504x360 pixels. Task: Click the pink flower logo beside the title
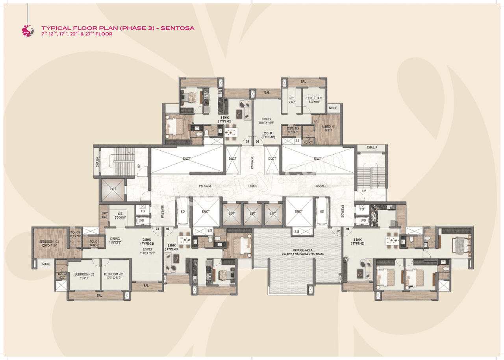(28, 31)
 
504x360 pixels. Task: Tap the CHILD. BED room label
(314, 100)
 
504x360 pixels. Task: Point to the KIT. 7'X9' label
(292, 100)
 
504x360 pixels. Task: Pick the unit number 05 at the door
(247, 142)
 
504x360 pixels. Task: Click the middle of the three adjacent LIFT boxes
(252, 214)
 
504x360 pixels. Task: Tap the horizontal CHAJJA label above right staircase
(372, 148)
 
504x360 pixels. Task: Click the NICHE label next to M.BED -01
(333, 107)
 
